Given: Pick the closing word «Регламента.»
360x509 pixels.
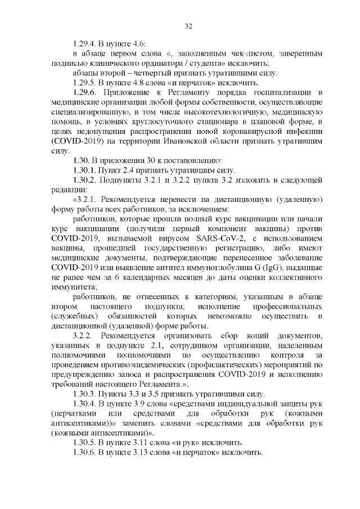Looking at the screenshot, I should tap(168, 385).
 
